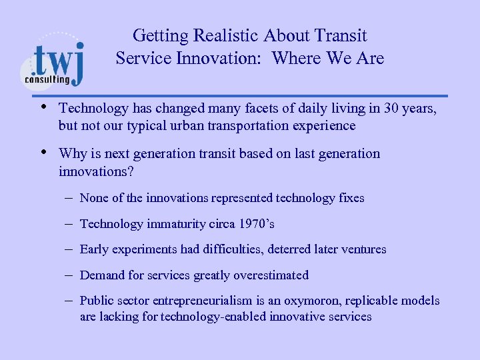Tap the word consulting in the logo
[47, 79]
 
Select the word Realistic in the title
[229, 35]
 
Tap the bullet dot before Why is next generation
[43, 153]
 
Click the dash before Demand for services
[69, 275]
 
